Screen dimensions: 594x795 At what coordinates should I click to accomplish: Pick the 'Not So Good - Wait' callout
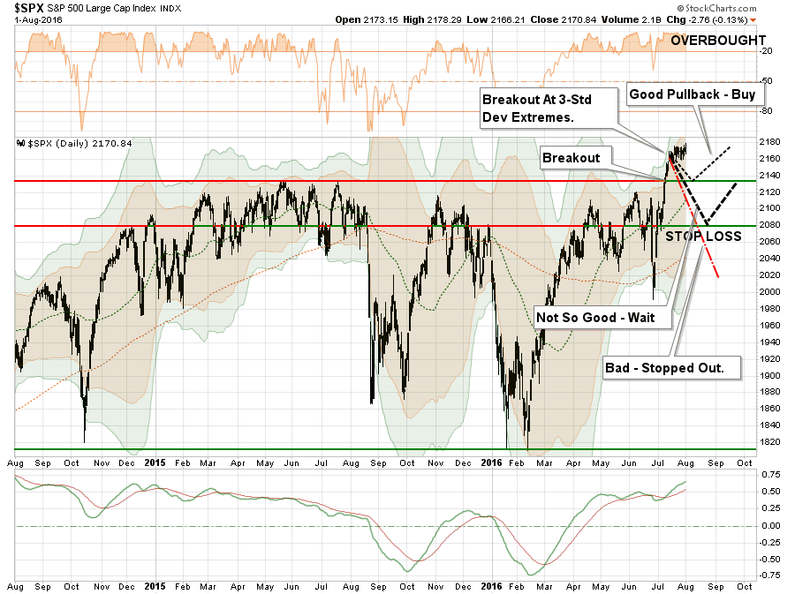pyautogui.click(x=595, y=318)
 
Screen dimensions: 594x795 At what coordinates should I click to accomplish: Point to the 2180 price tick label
pyautogui.click(x=769, y=142)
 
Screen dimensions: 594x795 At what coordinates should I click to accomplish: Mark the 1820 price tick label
pyautogui.click(x=769, y=441)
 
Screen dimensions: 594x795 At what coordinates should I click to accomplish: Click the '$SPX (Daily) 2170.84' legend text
pyautogui.click(x=61, y=144)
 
